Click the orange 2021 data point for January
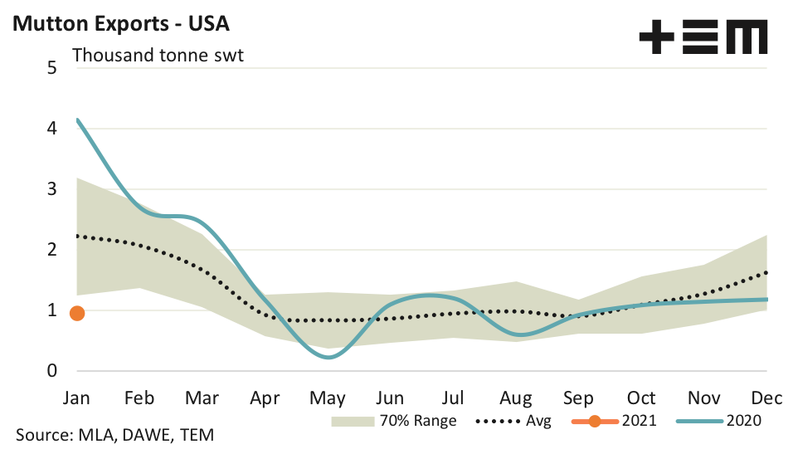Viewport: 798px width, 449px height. coord(77,313)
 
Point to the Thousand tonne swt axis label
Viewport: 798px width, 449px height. coord(158,56)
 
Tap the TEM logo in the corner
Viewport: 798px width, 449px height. coord(703,38)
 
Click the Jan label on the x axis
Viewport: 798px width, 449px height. coord(77,398)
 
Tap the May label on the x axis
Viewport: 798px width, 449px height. coord(328,398)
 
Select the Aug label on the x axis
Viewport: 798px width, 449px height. coord(517,398)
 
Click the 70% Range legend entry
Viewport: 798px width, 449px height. coord(394,421)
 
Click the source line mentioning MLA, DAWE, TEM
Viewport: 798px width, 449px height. coord(115,435)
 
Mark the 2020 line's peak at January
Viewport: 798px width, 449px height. coord(78,120)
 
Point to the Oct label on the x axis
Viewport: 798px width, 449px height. coord(641,398)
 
